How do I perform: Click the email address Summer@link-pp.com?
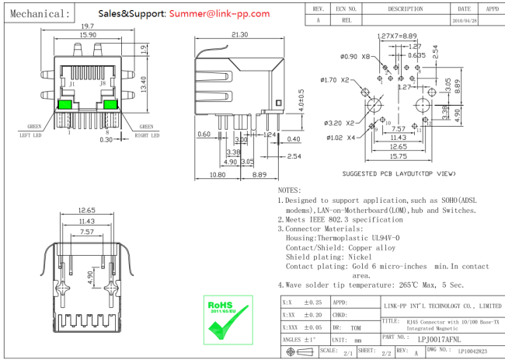point(219,13)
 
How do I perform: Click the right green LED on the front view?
point(109,104)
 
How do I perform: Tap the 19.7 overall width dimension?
point(87,26)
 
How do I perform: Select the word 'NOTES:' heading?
point(290,190)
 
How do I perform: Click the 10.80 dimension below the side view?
point(206,174)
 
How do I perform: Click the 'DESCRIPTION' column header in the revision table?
point(405,9)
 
